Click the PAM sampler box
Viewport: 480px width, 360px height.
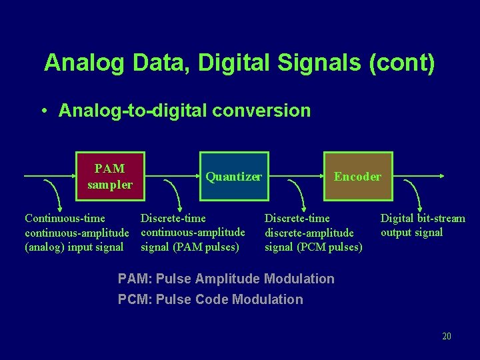point(110,177)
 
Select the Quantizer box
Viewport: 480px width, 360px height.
point(233,177)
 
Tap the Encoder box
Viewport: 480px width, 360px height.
point(357,177)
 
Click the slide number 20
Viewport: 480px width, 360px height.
point(447,336)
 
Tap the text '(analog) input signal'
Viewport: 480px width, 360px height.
point(74,247)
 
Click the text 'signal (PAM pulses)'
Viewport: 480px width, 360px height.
point(190,247)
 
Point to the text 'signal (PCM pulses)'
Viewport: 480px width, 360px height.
point(313,247)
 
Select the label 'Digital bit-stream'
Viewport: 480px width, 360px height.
point(423,218)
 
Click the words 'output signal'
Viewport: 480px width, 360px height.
point(411,233)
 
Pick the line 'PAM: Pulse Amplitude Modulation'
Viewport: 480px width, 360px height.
point(226,279)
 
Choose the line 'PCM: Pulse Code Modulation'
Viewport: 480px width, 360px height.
point(210,299)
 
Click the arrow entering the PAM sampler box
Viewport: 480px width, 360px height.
point(50,177)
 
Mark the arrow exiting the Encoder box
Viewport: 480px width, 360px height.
point(416,177)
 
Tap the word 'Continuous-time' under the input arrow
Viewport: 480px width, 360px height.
point(65,218)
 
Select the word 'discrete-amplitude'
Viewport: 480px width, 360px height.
point(309,233)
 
